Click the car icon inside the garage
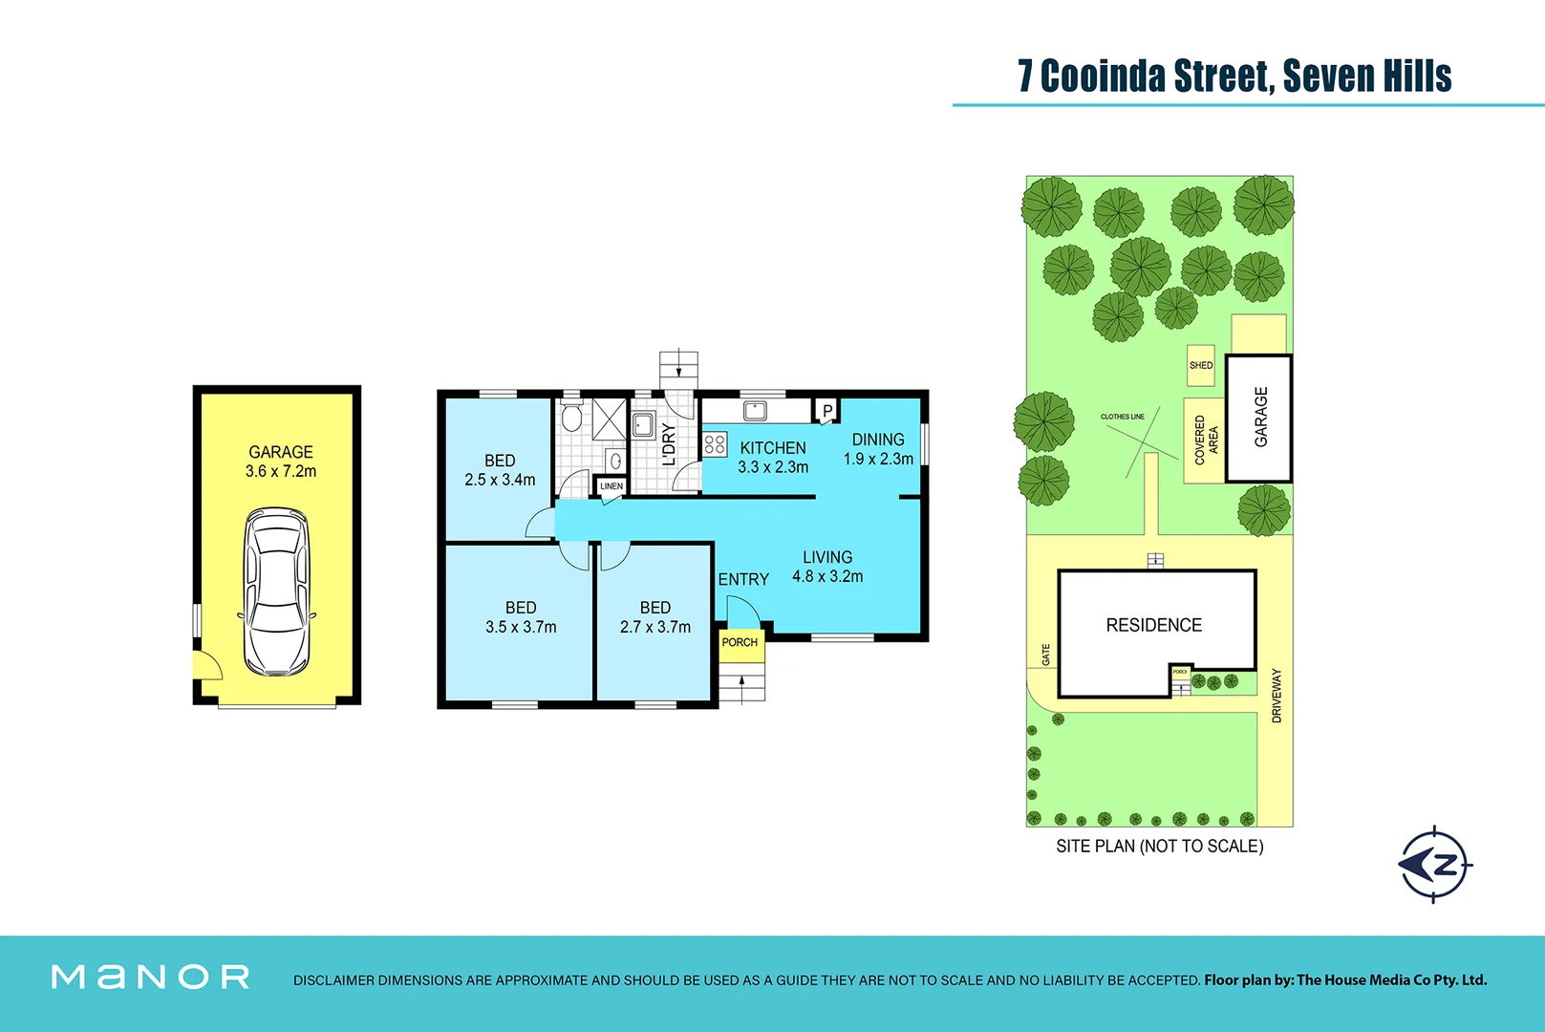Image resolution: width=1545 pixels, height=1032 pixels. pyautogui.click(x=277, y=592)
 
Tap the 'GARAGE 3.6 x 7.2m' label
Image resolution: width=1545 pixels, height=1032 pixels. pyautogui.click(x=281, y=462)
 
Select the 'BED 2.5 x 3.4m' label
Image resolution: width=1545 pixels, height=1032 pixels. pyautogui.click(x=500, y=470)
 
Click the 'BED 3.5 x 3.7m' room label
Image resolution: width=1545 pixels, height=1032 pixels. pyautogui.click(x=521, y=617)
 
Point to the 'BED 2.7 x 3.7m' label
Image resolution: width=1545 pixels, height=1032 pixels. pyautogui.click(x=655, y=617)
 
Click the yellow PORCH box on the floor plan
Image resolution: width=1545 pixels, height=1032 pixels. pyautogui.click(x=740, y=643)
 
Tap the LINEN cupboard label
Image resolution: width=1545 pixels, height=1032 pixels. pyautogui.click(x=612, y=486)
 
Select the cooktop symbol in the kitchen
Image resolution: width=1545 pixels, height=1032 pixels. pyautogui.click(x=715, y=443)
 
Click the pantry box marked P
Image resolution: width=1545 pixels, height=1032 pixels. pyautogui.click(x=827, y=411)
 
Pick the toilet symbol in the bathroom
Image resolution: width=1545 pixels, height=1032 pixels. pyautogui.click(x=572, y=418)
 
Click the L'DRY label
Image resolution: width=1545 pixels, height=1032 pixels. pyautogui.click(x=669, y=444)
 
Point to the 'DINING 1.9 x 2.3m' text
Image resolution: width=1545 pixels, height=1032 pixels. pyautogui.click(x=878, y=449)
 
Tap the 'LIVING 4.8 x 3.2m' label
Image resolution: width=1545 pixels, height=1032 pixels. pyautogui.click(x=827, y=567)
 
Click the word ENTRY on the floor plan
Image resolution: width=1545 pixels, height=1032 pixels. pyautogui.click(x=743, y=579)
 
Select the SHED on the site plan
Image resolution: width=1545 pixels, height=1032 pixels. pyautogui.click(x=1201, y=365)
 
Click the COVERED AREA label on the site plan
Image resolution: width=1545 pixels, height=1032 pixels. pyautogui.click(x=1205, y=441)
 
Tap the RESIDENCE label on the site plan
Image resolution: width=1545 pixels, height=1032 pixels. pyautogui.click(x=1153, y=625)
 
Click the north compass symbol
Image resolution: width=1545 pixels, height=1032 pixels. pyautogui.click(x=1435, y=865)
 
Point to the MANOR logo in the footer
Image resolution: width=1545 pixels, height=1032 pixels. pyautogui.click(x=150, y=977)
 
